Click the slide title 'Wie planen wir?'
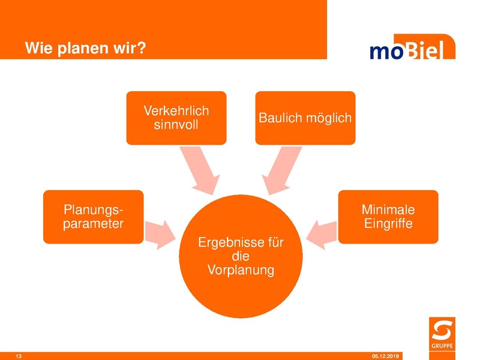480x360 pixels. (85, 47)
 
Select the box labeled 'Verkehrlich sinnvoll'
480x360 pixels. (176, 118)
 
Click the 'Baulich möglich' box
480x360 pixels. (305, 118)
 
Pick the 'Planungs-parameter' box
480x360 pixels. (93, 217)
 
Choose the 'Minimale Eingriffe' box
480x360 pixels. (388, 217)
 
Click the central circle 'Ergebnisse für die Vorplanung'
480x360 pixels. (240, 256)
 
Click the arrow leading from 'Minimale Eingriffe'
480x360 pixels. (322, 233)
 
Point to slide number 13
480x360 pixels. (19, 356)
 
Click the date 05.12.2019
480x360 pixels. (389, 356)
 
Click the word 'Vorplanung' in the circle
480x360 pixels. (241, 270)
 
